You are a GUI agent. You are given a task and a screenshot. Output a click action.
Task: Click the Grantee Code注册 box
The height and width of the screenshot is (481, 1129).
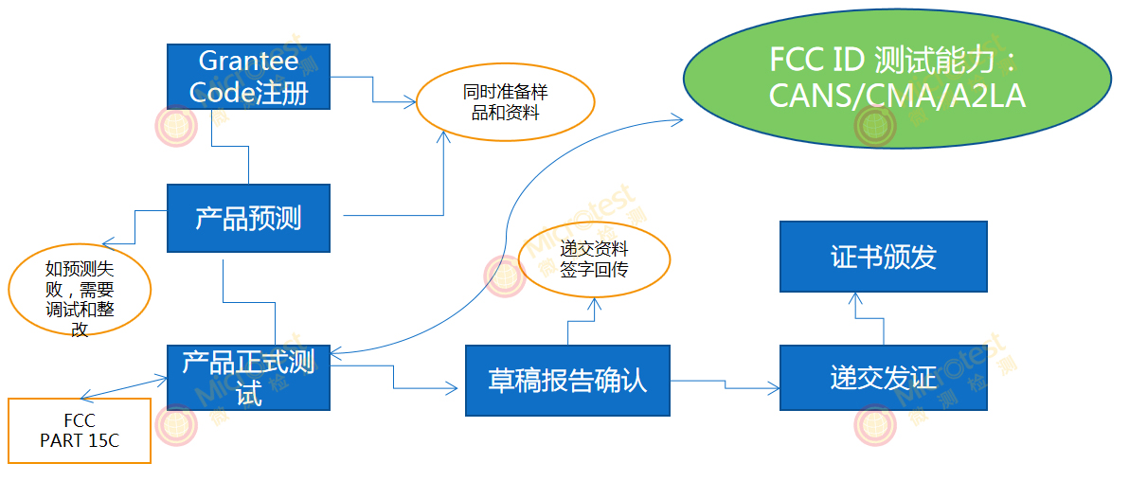pos(248,78)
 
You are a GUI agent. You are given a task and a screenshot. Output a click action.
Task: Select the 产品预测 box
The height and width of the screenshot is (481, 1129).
pos(248,219)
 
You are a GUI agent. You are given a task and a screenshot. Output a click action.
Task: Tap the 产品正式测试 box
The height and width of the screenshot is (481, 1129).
pos(248,378)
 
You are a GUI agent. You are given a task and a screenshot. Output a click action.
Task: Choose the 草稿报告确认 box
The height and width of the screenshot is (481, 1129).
pos(567,381)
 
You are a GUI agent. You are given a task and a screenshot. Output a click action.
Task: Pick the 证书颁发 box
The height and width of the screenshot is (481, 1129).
pos(883,257)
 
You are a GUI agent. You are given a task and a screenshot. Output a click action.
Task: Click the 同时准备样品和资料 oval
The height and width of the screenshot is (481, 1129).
pos(505,102)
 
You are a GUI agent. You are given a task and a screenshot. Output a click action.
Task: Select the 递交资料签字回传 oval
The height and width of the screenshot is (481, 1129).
pos(594,260)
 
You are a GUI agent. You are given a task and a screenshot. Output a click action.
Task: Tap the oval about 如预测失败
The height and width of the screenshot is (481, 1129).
pos(80,293)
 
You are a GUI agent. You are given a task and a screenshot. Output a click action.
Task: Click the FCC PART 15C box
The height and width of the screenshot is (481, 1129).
pos(80,431)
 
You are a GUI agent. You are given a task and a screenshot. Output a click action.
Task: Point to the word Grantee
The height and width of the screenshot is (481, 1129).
pos(248,62)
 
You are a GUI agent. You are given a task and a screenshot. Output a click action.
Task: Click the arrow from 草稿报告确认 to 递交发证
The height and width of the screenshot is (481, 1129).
pos(726,383)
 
